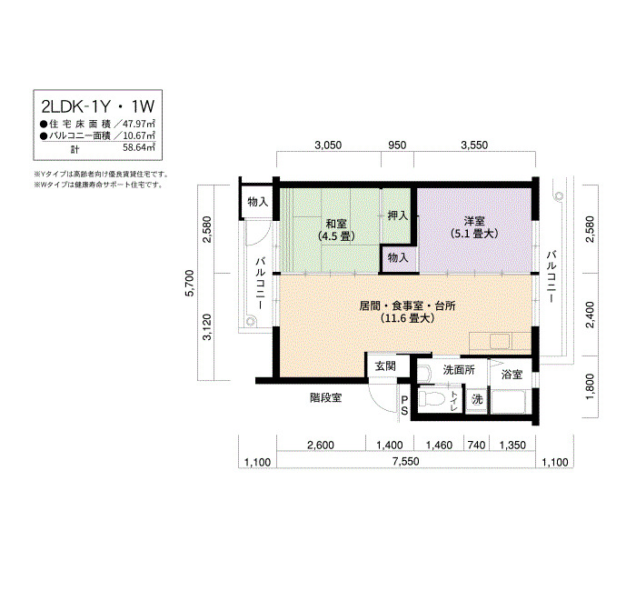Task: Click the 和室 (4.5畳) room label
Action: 336,230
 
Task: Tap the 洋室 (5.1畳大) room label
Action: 474,227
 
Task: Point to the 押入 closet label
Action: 398,215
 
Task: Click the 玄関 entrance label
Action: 385,366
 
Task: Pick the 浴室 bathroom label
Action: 512,375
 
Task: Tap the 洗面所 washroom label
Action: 459,370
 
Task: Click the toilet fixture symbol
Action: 432,398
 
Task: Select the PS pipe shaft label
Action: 404,406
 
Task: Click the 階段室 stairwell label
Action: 325,398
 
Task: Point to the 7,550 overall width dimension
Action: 405,462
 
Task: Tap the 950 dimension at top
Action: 397,145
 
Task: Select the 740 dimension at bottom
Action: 476,446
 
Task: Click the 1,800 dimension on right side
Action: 591,386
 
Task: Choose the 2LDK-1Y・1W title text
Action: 98,106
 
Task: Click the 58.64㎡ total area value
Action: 139,147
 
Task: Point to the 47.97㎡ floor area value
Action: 139,124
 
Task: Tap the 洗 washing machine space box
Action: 477,399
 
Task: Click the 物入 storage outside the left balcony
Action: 257,202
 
